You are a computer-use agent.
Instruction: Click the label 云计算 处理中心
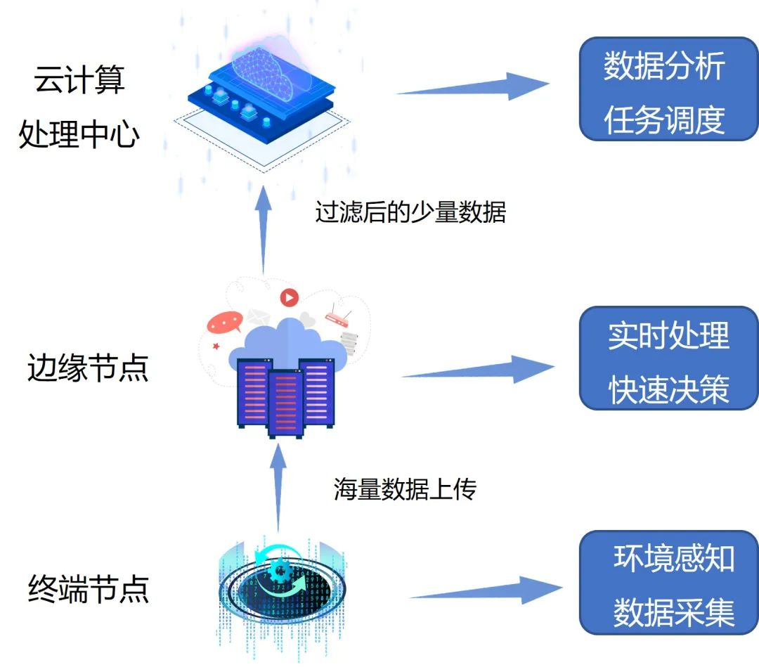coord(79,106)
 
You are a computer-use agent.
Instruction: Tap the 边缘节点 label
coord(88,368)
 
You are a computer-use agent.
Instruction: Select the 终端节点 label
coord(89,588)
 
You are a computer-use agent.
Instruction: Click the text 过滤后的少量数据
coord(410,212)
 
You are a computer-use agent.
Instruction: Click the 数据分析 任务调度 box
coord(668,89)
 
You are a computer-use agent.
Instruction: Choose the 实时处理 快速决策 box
coord(668,358)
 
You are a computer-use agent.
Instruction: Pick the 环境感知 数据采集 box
coord(668,583)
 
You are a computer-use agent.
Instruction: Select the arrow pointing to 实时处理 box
coord(478,370)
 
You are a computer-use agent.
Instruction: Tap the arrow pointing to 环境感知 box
coord(485,590)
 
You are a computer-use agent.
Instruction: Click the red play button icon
coord(289,297)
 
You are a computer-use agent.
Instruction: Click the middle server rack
coord(285,403)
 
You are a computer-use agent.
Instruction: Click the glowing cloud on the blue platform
coord(264,67)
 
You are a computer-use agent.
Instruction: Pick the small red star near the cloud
coord(216,346)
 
